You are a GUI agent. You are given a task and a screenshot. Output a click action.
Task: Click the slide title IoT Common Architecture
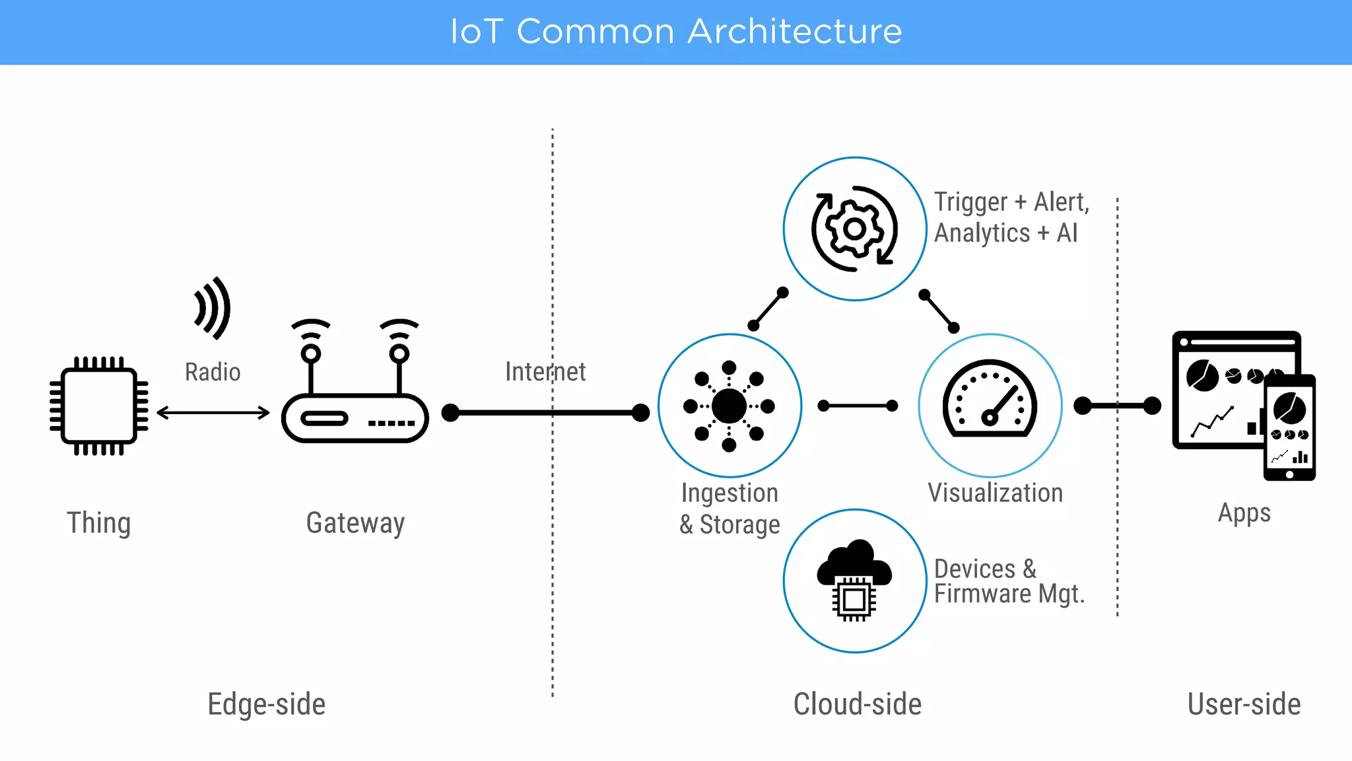point(676,31)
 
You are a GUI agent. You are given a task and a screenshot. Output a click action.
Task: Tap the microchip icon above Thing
point(99,406)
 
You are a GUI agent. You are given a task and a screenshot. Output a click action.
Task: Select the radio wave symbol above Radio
point(213,308)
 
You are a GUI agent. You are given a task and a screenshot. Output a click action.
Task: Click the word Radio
point(213,372)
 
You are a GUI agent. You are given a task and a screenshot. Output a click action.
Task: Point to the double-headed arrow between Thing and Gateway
point(213,413)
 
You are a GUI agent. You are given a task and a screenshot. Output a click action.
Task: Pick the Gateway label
point(355,523)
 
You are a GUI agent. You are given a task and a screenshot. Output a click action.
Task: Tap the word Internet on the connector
point(545,371)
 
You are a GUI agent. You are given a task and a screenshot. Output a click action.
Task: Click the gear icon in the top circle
point(855,229)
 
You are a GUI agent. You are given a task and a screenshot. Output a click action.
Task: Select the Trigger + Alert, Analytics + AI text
point(1011,217)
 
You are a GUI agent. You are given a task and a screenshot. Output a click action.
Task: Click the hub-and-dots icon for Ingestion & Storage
point(729,406)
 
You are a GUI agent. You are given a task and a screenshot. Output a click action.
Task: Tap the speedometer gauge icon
point(990,399)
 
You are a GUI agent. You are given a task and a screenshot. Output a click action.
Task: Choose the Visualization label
point(995,493)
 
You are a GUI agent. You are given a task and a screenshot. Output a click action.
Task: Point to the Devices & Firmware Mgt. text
point(1009,581)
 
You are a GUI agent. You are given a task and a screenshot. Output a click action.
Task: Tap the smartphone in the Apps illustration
point(1289,427)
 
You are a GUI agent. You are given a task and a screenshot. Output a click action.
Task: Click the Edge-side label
point(266,704)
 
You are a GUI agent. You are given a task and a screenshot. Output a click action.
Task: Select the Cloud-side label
point(857,704)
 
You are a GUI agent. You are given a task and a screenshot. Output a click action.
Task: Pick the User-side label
point(1244,704)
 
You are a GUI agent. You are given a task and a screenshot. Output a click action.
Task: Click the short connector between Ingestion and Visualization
point(858,406)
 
